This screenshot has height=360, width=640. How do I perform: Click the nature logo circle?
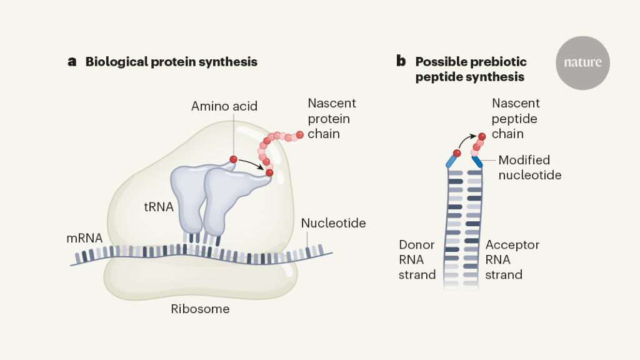(582, 62)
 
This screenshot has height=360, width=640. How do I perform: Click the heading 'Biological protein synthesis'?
(171, 62)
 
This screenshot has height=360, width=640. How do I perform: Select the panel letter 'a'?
(72, 62)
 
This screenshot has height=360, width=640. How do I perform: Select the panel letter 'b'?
(401, 62)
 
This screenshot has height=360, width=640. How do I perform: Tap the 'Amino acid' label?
(224, 106)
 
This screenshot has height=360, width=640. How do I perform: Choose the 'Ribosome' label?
(200, 309)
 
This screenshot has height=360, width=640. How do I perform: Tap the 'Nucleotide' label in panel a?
(333, 223)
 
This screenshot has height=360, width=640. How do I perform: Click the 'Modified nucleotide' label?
(529, 167)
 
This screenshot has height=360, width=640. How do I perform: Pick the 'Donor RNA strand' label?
(417, 259)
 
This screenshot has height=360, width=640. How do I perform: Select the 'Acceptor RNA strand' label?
(512, 259)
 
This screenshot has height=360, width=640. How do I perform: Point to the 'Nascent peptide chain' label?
(516, 119)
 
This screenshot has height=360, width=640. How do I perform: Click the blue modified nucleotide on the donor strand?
(451, 161)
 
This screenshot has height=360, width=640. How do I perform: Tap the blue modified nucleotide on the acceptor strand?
(476, 161)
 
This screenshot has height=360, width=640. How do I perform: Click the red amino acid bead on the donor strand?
(457, 152)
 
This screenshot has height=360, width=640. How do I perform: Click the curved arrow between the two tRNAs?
(252, 165)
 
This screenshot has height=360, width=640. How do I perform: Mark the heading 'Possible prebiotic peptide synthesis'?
(471, 69)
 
